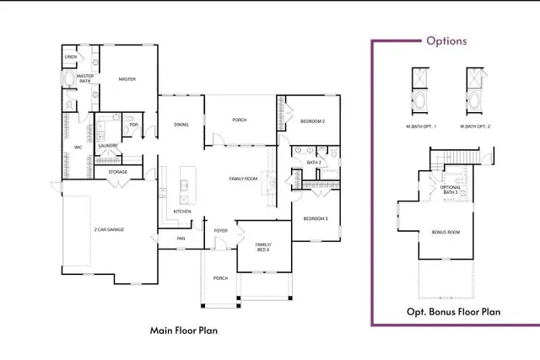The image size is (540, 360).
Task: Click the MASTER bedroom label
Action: [x=127, y=79]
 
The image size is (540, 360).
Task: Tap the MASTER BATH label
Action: [x=85, y=78]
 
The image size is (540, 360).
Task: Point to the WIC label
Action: [x=78, y=147]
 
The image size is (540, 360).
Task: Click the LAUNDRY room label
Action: [x=107, y=146]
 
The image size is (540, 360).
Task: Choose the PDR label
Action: [x=133, y=125]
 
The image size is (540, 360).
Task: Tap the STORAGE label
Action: [x=117, y=172]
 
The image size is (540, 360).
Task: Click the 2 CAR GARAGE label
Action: [x=110, y=228]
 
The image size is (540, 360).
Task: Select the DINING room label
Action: [x=181, y=125]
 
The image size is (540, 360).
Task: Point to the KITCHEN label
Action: [x=182, y=211]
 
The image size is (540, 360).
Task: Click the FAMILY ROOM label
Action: [x=243, y=179]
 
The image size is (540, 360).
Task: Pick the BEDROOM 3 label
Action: [x=316, y=219]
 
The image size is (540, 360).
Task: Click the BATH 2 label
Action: [x=314, y=162]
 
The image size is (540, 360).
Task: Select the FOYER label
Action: [x=221, y=229]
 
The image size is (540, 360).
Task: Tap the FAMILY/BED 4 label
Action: [x=264, y=247]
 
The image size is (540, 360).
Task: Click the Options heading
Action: [x=446, y=40]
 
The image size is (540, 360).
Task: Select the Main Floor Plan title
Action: [x=183, y=330]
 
